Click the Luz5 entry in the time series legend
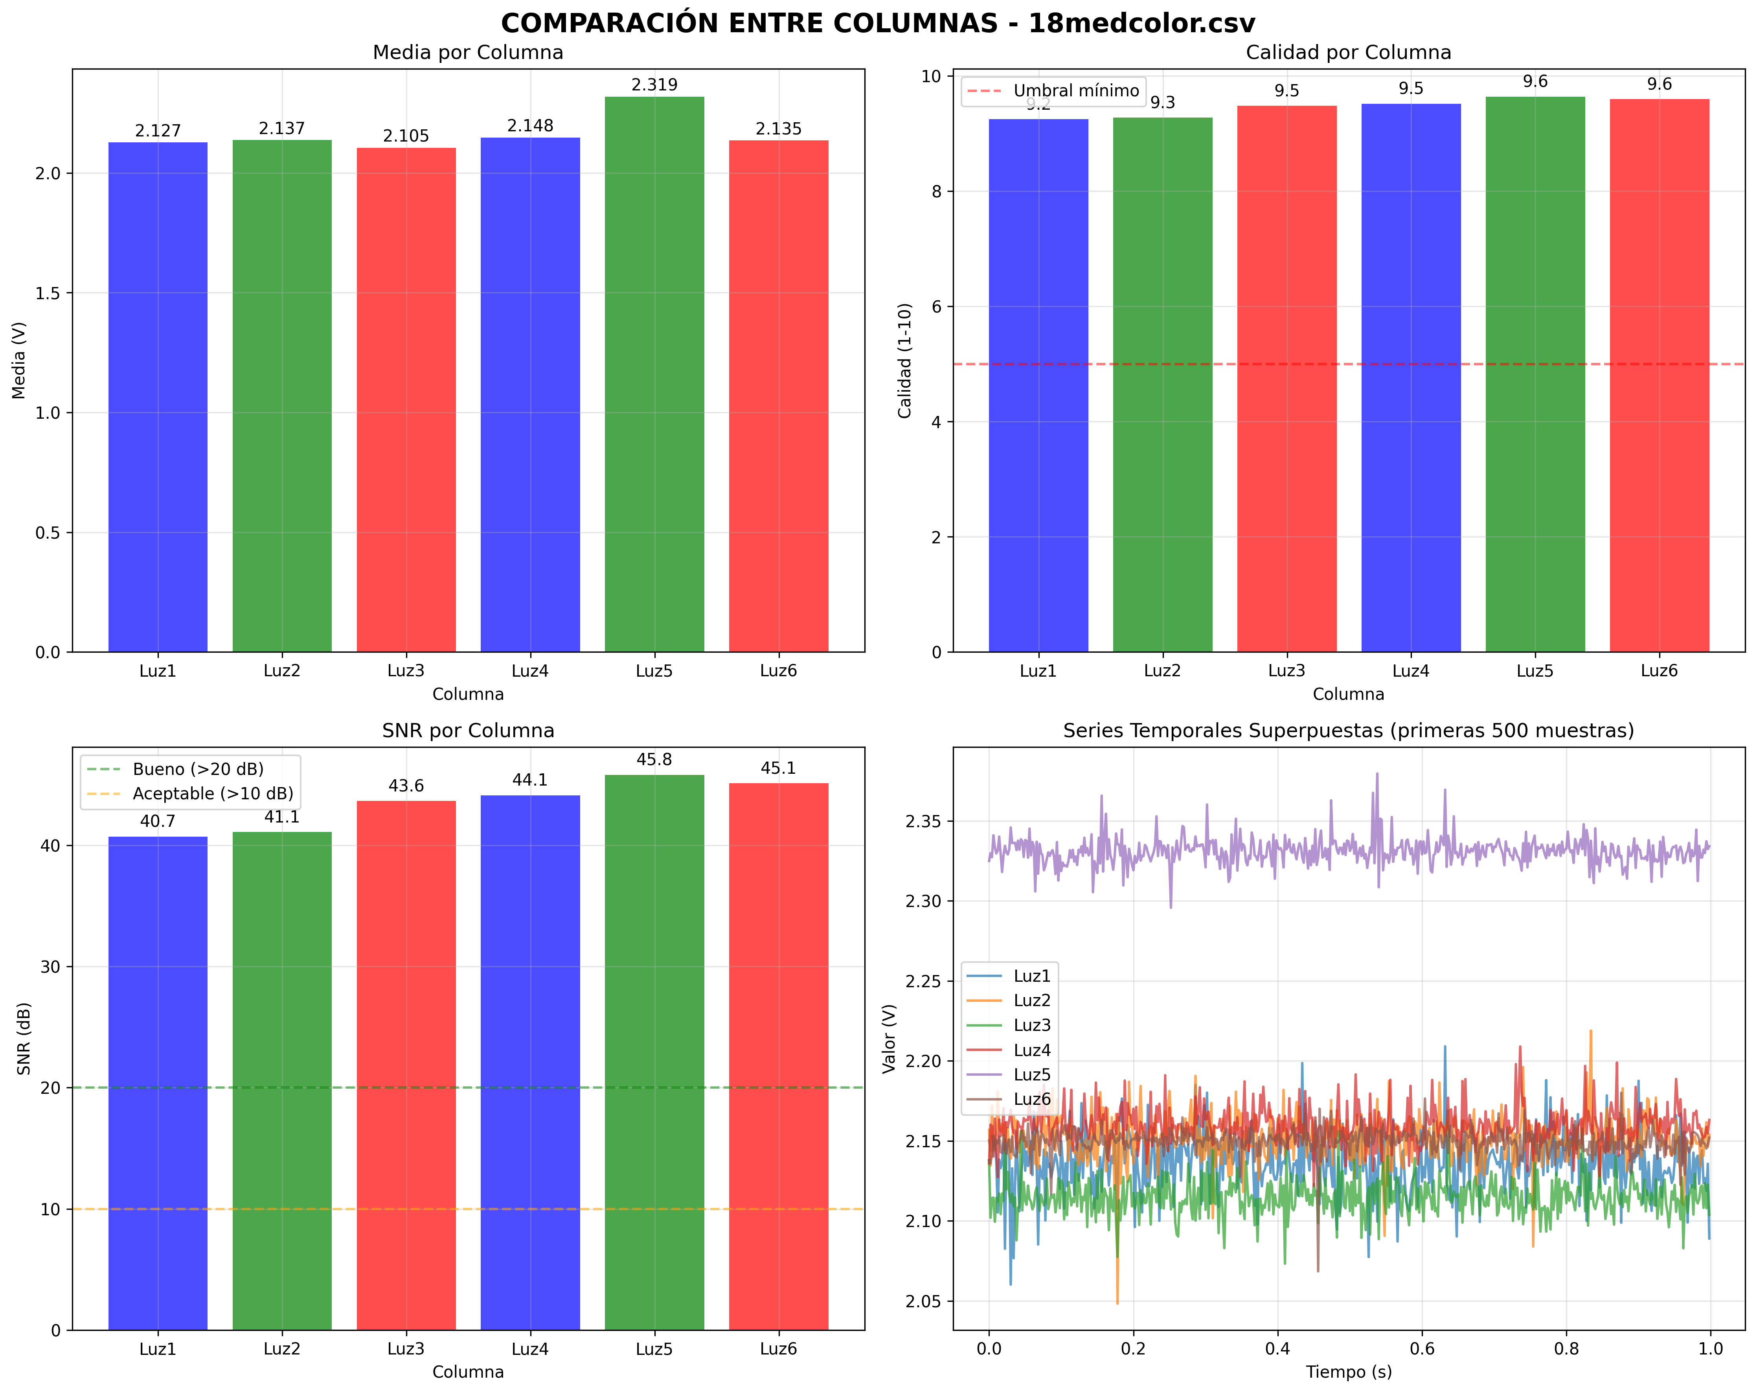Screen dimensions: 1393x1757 tap(1032, 1074)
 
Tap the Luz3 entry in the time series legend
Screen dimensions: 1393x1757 tap(1032, 1025)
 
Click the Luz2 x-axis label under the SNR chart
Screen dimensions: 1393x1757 tap(282, 1349)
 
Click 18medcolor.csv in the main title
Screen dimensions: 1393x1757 tap(1141, 23)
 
